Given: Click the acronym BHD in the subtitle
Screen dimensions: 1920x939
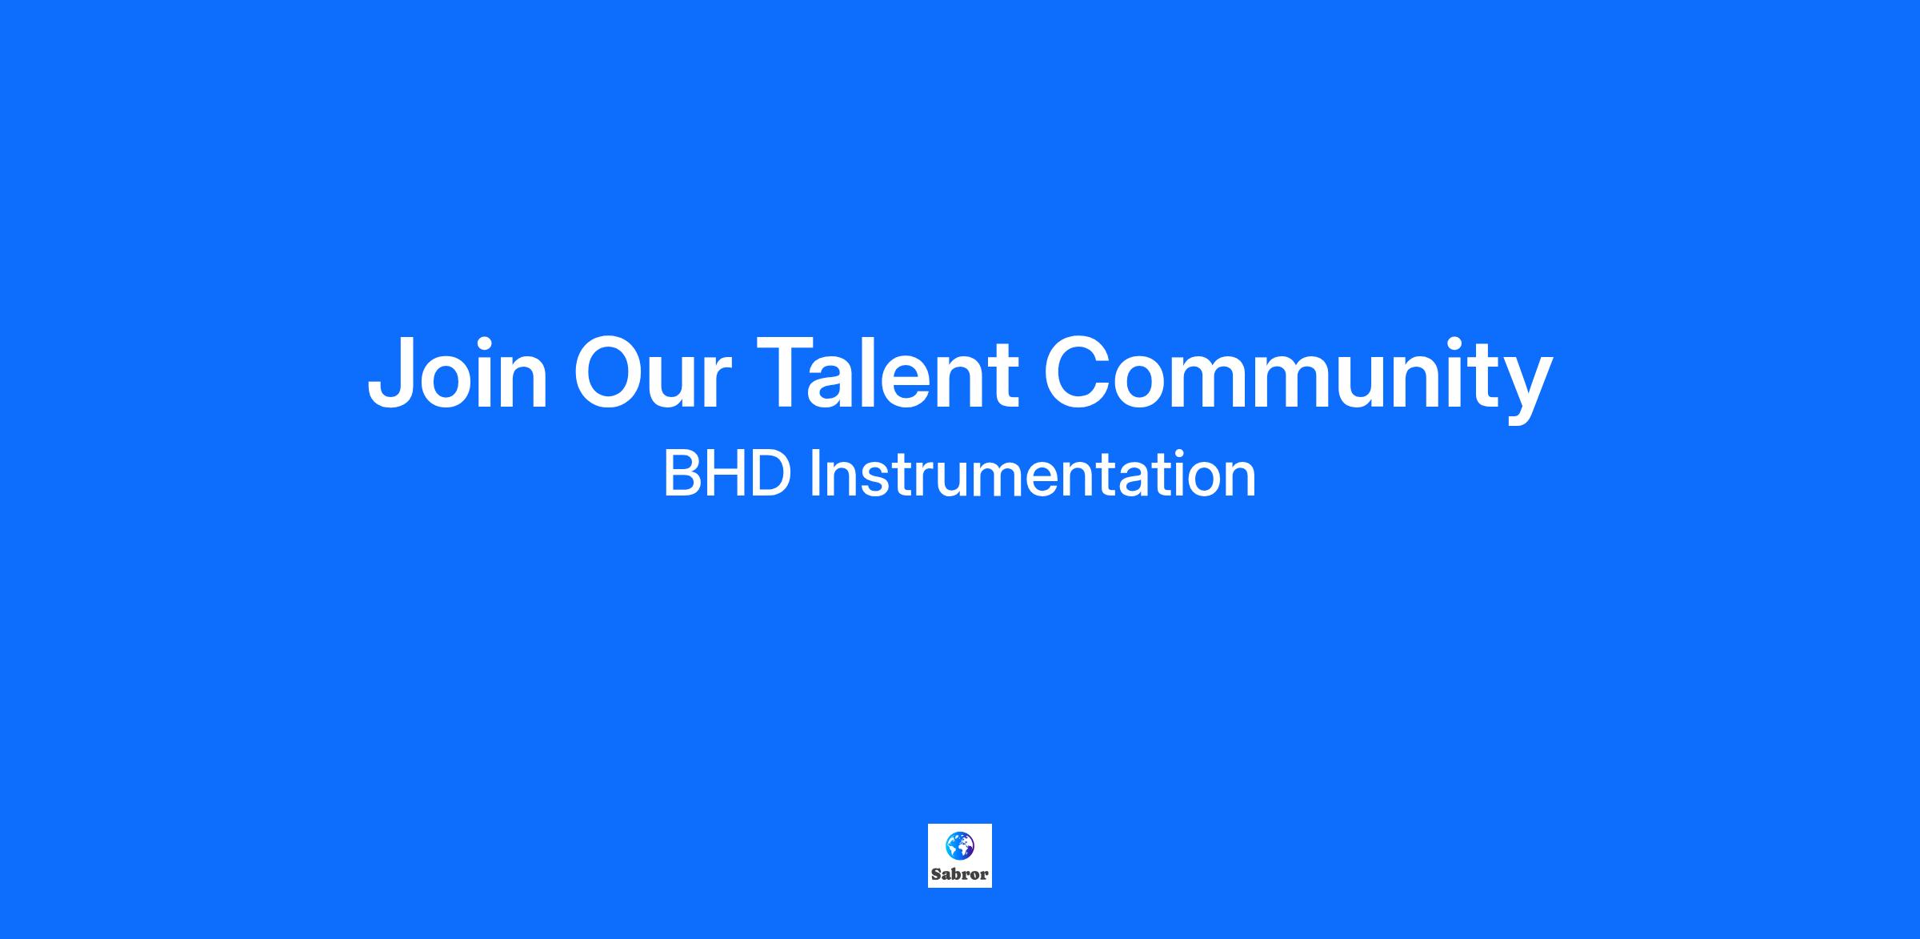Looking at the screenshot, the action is click(x=727, y=475).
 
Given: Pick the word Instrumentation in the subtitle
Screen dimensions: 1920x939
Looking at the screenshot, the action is click(x=1033, y=475).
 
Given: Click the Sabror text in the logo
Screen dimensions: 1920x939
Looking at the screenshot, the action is click(x=960, y=874).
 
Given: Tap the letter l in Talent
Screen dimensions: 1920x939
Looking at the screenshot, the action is click(x=878, y=373).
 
